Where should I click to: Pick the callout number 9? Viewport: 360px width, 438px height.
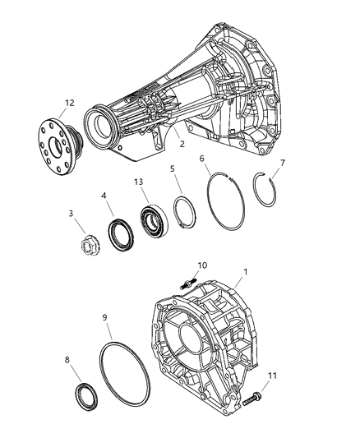[x=104, y=317]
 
